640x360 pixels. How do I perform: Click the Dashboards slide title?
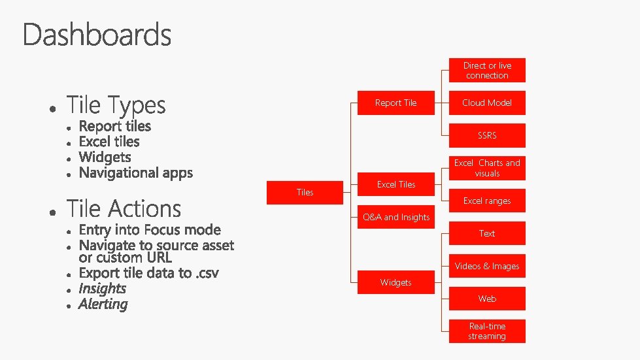point(97,35)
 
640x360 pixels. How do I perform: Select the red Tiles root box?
point(305,192)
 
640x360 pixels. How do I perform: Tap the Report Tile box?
point(396,103)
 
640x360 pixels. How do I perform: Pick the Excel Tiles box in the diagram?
point(396,184)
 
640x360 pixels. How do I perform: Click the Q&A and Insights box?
point(396,217)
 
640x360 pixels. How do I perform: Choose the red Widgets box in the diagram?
point(396,282)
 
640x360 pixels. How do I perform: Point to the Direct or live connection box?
point(487,71)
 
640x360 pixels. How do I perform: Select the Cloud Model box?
point(487,103)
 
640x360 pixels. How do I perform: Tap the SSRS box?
point(487,135)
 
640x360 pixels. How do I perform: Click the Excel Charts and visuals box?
point(487,168)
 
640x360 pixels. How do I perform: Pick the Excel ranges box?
point(487,201)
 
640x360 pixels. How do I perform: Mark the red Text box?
point(487,233)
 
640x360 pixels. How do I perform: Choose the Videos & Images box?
point(487,266)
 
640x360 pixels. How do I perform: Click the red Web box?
point(487,299)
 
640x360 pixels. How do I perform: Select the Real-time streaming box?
point(487,331)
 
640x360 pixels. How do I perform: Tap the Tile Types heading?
point(116,105)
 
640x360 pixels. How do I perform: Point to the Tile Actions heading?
point(124,209)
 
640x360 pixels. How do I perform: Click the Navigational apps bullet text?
point(135,173)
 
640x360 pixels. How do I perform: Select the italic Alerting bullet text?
point(103,304)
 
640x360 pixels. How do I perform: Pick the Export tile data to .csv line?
point(148,273)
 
